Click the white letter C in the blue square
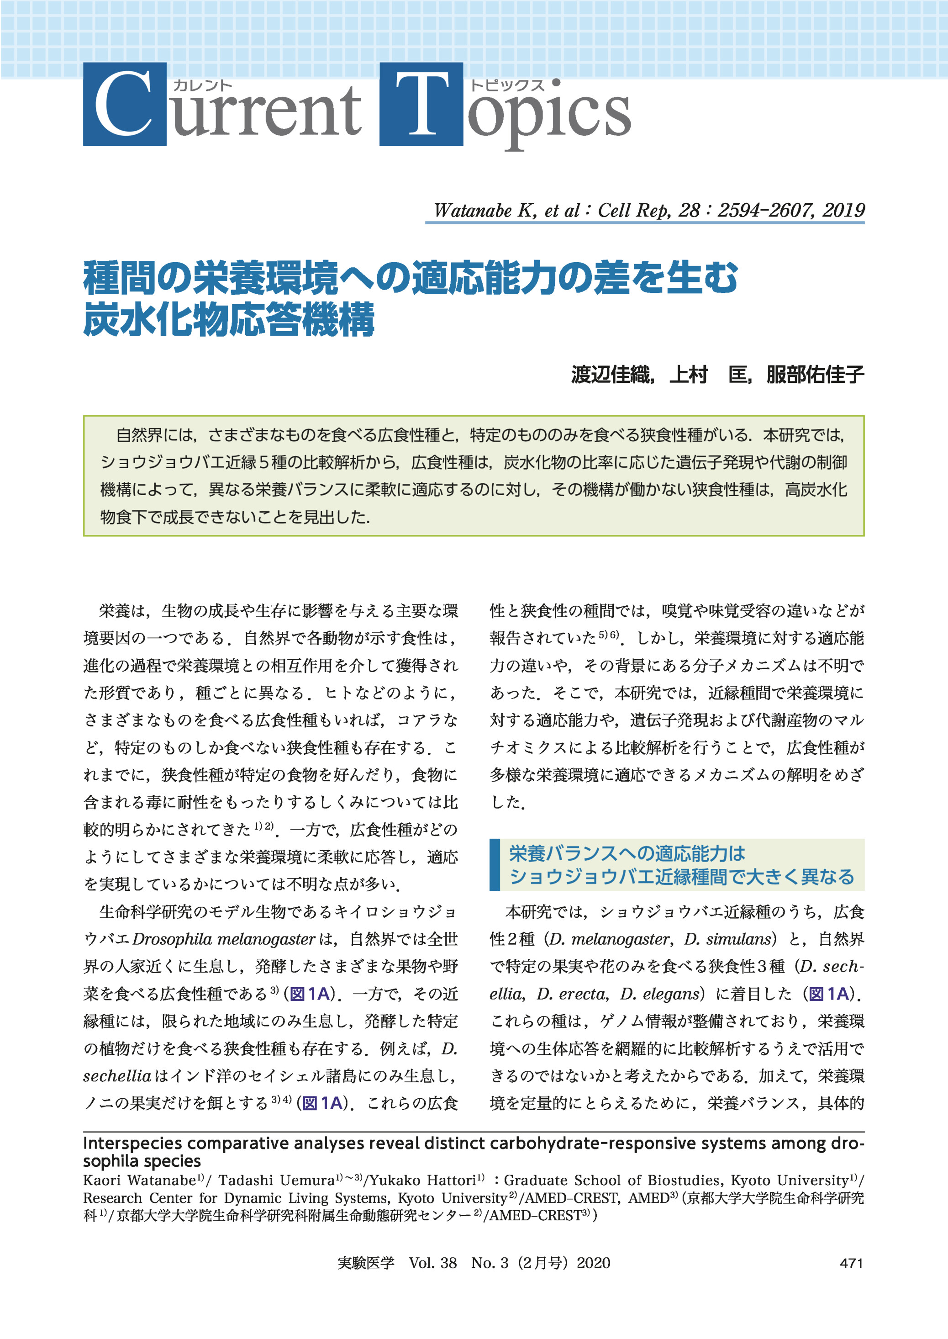point(124,104)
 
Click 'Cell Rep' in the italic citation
point(633,210)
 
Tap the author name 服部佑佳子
point(815,374)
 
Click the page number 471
point(851,1263)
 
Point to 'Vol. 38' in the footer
point(432,1263)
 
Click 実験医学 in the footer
point(366,1263)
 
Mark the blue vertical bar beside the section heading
point(495,865)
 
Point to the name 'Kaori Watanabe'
point(139,1181)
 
